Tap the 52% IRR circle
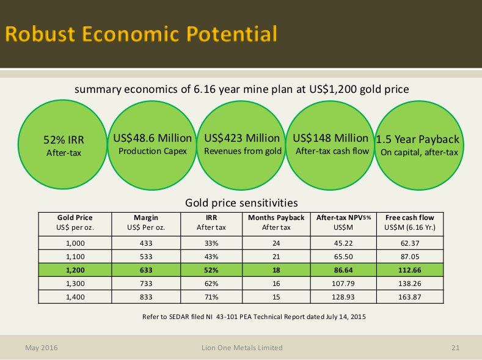[x=64, y=144]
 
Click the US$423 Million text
[x=242, y=138]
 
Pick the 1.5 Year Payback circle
[x=418, y=144]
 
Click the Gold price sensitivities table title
[x=241, y=202]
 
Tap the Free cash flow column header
[x=409, y=217]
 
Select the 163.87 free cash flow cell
[x=409, y=296]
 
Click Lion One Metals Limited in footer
[x=242, y=348]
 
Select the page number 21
[x=455, y=348]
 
